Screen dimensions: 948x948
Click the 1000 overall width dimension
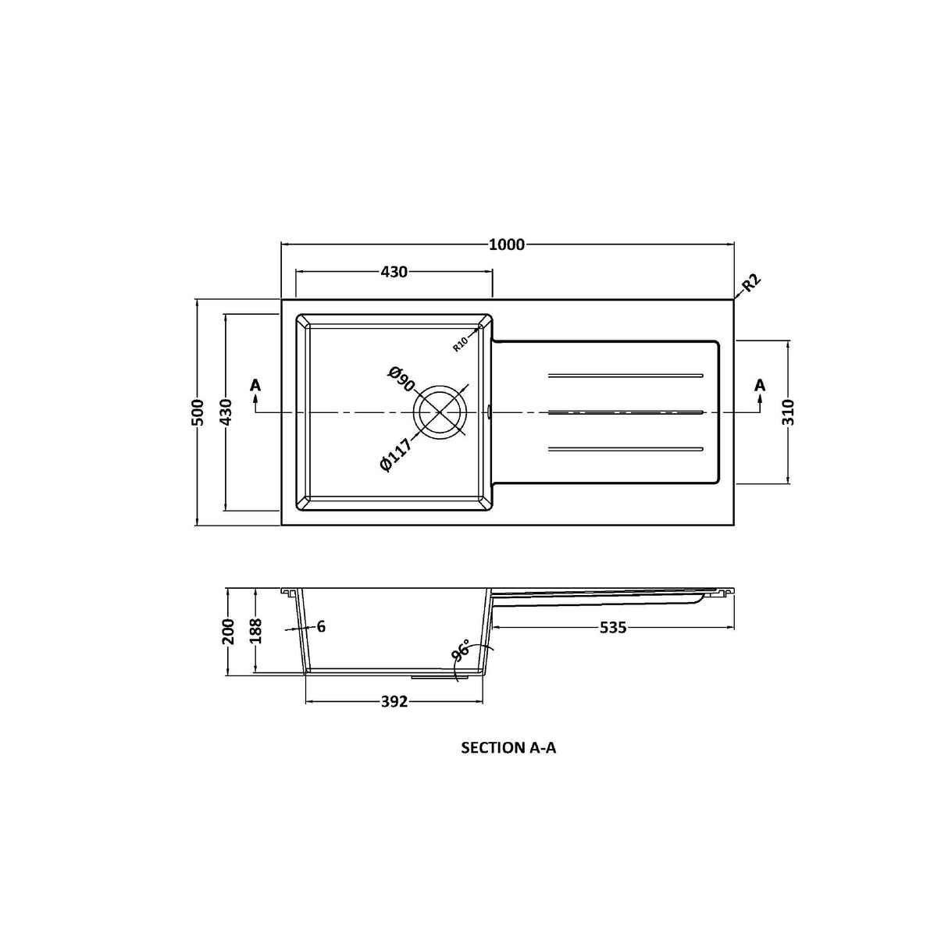(507, 244)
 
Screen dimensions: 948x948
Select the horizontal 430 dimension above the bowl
(394, 272)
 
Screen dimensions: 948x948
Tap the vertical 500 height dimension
(198, 412)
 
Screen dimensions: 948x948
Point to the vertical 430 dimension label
(226, 412)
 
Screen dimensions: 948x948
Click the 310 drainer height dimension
(788, 412)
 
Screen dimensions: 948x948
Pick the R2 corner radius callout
(750, 283)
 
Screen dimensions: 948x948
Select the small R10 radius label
(461, 343)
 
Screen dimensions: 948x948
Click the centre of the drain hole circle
(440, 412)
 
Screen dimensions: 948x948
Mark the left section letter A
(255, 385)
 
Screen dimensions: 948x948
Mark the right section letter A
(760, 385)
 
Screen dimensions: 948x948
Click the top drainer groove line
(626, 376)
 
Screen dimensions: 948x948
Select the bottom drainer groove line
(626, 448)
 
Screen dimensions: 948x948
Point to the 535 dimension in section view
(613, 628)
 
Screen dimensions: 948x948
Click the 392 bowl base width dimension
(394, 702)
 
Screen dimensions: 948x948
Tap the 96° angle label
(461, 652)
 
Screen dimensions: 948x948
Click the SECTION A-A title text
(508, 748)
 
